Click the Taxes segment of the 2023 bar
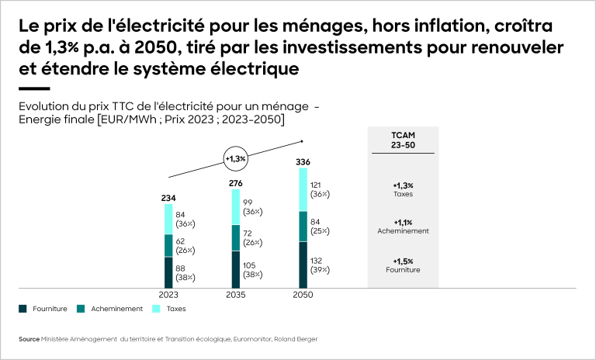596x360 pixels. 168,220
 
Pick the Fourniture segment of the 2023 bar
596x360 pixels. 168,272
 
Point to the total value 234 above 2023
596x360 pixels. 168,198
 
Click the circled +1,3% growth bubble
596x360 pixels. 235,158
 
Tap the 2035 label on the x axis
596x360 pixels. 235,296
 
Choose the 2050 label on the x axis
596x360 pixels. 303,296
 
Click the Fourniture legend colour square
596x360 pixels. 23,309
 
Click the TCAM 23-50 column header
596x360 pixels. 403,140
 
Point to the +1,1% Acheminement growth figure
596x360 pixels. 403,222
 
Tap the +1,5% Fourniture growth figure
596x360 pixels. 403,261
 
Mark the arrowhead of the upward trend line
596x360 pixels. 301,140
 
